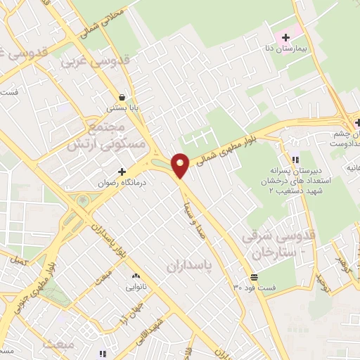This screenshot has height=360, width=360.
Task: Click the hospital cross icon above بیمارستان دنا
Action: pos(285,37)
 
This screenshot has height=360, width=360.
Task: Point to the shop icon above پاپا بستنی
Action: pos(122,98)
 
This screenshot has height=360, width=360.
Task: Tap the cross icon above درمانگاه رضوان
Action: pos(122,172)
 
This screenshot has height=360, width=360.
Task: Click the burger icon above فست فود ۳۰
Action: pos(253,276)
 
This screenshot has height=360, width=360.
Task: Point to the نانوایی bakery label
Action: pos(137,287)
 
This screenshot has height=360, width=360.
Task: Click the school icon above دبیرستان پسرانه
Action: pos(295,160)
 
